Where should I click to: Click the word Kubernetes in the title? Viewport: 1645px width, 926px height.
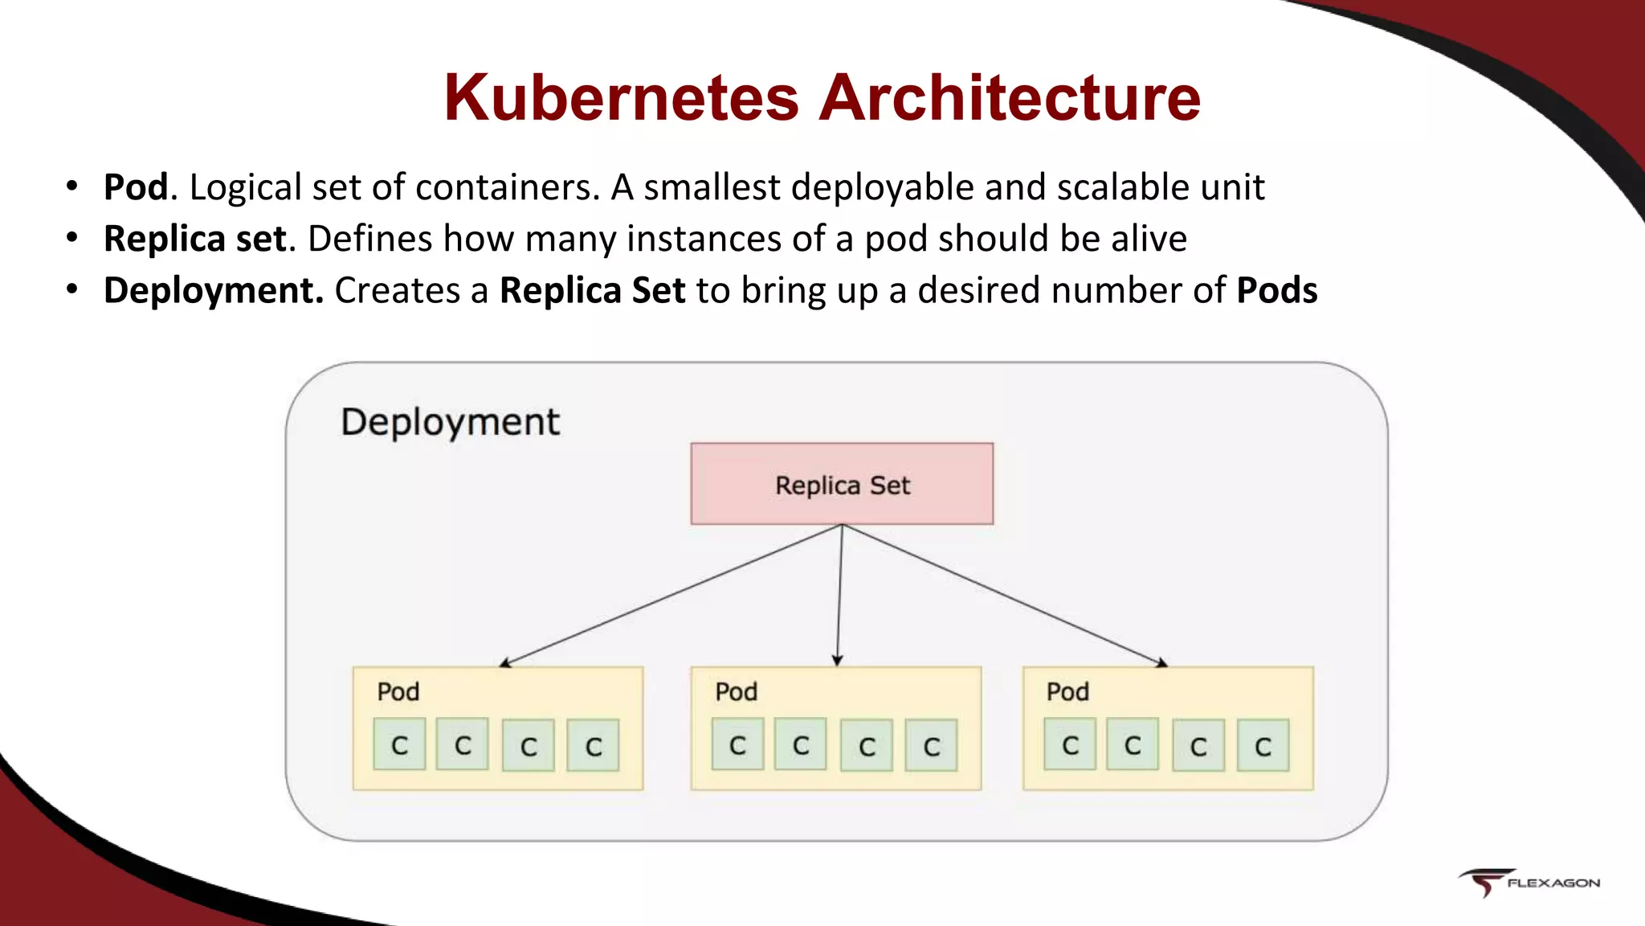621,98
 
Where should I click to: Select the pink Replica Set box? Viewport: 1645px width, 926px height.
842,484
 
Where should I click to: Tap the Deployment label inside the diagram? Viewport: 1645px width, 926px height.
450,422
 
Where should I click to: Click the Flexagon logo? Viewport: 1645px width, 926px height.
1529,882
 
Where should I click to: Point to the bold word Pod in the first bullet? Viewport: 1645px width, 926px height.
136,187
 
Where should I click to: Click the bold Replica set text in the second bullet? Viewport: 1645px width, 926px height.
195,239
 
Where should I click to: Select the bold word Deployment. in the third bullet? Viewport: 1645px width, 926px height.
214,290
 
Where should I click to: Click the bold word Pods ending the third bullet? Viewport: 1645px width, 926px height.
1276,290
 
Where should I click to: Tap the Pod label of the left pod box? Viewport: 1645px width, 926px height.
398,692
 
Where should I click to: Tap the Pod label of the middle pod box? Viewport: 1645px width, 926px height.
737,692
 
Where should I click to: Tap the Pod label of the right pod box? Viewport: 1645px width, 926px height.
1067,692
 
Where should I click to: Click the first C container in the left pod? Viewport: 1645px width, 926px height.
399,745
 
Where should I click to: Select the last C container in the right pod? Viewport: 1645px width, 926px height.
1263,746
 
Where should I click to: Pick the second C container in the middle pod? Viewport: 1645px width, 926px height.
800,745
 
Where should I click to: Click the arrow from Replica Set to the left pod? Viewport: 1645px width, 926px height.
671,595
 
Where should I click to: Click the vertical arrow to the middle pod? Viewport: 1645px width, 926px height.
839,595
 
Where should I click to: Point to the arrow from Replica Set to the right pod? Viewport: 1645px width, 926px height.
1004,595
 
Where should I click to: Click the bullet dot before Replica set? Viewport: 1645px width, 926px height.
72,238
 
